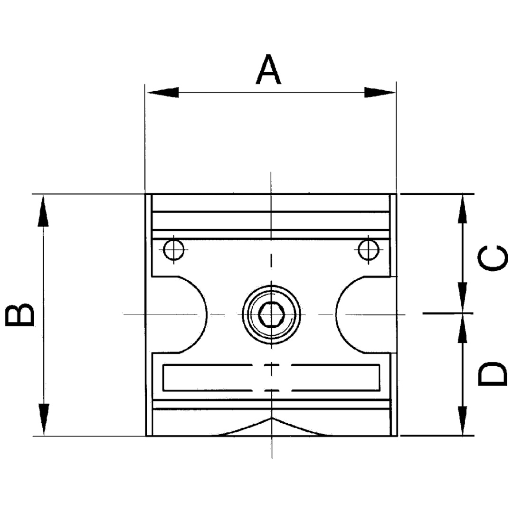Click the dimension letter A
[x=268, y=70]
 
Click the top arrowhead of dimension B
[x=43, y=212]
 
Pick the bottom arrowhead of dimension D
[x=461, y=420]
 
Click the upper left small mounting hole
[x=174, y=249]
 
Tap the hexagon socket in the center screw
[x=271, y=314]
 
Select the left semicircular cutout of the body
[x=190, y=314]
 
